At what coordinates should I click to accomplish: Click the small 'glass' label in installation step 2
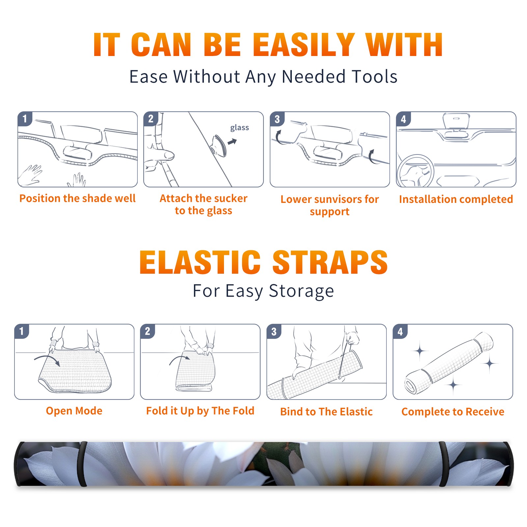pyautogui.click(x=239, y=128)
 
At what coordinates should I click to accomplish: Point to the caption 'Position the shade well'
pyautogui.click(x=77, y=198)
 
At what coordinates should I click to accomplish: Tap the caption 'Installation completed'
pyautogui.click(x=456, y=199)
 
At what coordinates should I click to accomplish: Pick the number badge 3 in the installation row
pyautogui.click(x=277, y=119)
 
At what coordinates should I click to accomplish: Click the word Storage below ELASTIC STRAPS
pyautogui.click(x=301, y=291)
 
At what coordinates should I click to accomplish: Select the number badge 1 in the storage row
pyautogui.click(x=22, y=331)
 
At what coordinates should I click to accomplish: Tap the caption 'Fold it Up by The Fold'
pyautogui.click(x=200, y=411)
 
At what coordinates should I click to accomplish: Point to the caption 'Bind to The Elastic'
pyautogui.click(x=326, y=412)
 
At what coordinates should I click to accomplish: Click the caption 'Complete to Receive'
pyautogui.click(x=453, y=412)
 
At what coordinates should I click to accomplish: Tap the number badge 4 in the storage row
pyautogui.click(x=400, y=331)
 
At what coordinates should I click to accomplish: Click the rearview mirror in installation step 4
pyautogui.click(x=456, y=122)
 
